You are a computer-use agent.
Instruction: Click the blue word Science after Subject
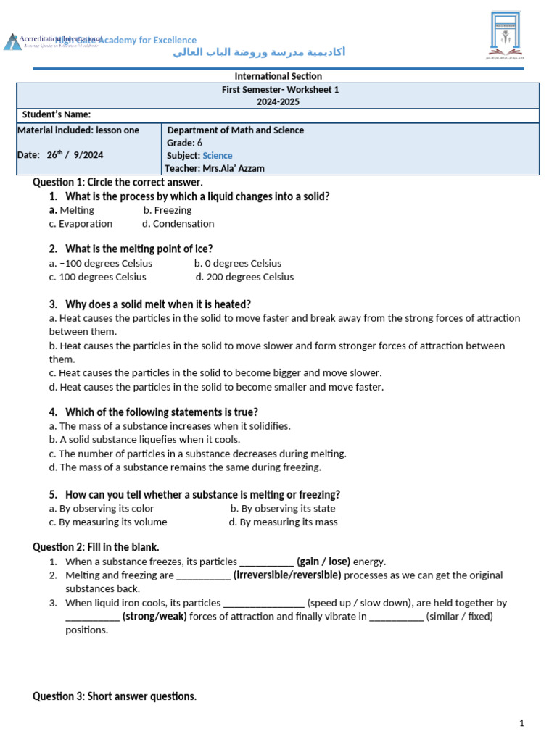(x=218, y=156)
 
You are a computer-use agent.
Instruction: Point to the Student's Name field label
(x=57, y=114)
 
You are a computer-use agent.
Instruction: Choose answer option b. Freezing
(x=168, y=210)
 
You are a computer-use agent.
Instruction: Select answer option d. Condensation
(x=178, y=224)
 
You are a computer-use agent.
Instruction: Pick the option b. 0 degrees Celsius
(x=238, y=263)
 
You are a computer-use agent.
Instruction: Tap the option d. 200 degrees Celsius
(x=245, y=277)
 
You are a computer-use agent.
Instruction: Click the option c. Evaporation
(x=81, y=224)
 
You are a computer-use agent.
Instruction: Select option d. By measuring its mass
(x=283, y=522)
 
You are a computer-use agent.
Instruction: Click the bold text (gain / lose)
(x=323, y=562)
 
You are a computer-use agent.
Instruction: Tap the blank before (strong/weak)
(x=92, y=617)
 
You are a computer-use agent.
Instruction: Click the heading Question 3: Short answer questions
(x=115, y=696)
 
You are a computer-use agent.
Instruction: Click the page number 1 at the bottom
(x=521, y=723)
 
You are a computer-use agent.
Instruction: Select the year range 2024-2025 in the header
(x=278, y=102)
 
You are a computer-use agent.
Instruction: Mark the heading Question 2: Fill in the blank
(x=96, y=547)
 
